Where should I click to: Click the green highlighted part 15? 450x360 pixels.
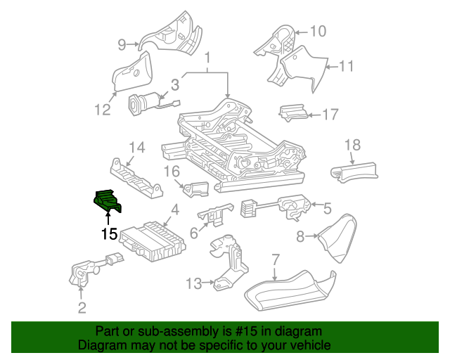tap(107, 201)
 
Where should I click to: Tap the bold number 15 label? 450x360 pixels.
tap(108, 233)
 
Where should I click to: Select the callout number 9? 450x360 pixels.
tap(122, 45)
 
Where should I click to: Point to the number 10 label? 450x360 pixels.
tap(318, 31)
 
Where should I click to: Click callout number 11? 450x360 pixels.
tap(345, 67)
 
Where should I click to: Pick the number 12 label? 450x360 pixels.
tap(102, 109)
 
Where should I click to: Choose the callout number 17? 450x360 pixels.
tap(330, 114)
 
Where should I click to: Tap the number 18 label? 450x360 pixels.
tap(352, 145)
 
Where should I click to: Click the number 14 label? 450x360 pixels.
tap(136, 148)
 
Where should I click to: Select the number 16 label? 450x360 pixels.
tap(172, 171)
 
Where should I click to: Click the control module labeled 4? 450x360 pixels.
tap(154, 234)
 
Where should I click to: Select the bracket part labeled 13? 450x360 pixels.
tap(229, 264)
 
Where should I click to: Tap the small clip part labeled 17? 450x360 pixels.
tap(291, 112)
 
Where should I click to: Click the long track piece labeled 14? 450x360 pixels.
tap(136, 177)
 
